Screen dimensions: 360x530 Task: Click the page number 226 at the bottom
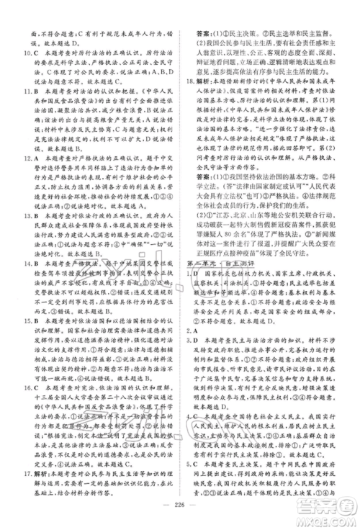point(180,513)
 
